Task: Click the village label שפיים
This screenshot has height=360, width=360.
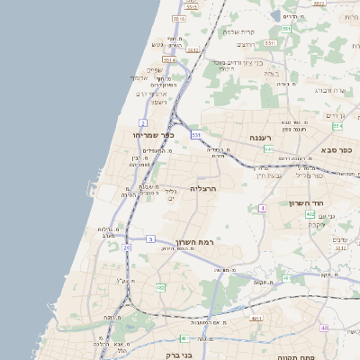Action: (x=154, y=69)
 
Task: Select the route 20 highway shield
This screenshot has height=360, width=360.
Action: (x=127, y=247)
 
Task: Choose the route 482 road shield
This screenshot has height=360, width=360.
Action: (x=160, y=287)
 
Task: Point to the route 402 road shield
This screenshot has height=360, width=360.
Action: (x=310, y=214)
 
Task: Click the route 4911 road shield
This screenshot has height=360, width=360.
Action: (x=256, y=318)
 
